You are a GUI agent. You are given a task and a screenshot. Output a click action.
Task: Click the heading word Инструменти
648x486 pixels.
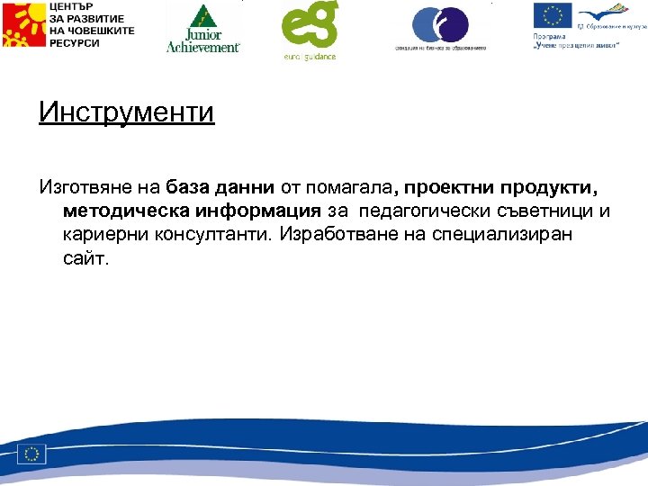[127, 114]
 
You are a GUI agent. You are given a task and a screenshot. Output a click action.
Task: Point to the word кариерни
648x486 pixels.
[103, 235]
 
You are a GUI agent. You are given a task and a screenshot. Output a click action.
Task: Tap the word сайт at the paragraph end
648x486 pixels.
[85, 258]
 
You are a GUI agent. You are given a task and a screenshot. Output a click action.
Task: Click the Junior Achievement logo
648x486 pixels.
[203, 28]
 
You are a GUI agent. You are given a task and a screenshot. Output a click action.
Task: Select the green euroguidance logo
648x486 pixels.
[309, 29]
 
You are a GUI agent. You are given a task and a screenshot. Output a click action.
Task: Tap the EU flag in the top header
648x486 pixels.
[552, 15]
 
